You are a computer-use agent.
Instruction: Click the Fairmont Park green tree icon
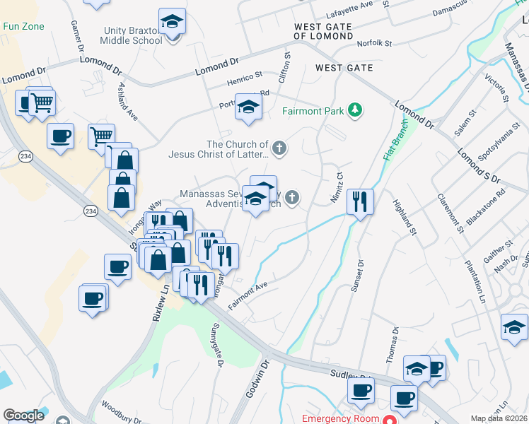(x=355, y=110)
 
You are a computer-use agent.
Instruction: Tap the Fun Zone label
(x=23, y=27)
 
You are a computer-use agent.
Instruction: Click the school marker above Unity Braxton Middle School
(x=172, y=22)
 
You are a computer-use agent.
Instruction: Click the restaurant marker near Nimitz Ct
(x=360, y=202)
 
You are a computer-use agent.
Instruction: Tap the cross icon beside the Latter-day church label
(x=280, y=148)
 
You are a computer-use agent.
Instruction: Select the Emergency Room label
(x=342, y=418)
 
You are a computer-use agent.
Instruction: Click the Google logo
(x=23, y=416)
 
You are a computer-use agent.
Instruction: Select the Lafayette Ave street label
(x=349, y=10)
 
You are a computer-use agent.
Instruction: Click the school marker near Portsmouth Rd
(x=248, y=107)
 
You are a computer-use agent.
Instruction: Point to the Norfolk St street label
(x=374, y=43)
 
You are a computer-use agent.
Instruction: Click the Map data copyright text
(x=499, y=418)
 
